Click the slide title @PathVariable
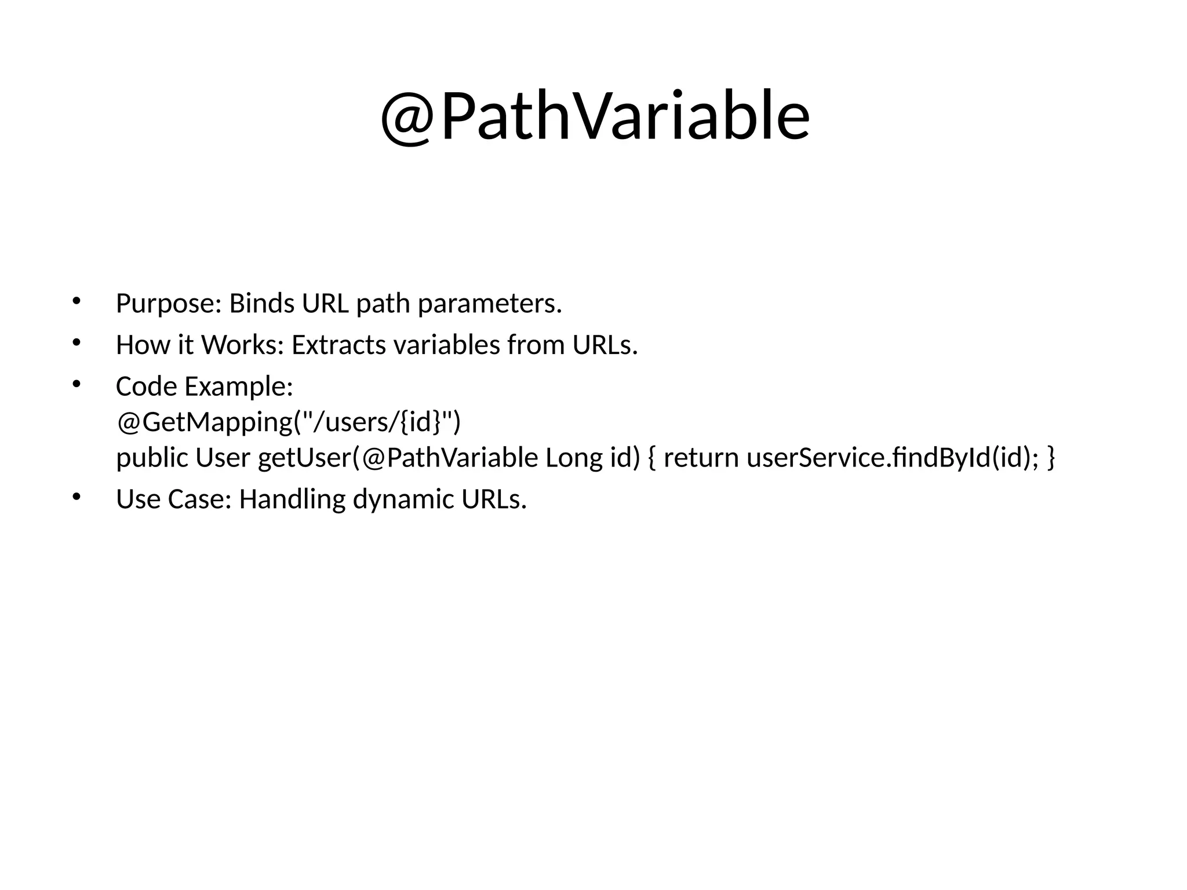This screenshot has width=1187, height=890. pyautogui.click(x=595, y=116)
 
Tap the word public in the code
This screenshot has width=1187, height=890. pyautogui.click(x=152, y=458)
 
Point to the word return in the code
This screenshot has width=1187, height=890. pyautogui.click(x=701, y=458)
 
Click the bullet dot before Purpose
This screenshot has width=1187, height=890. pyautogui.click(x=75, y=300)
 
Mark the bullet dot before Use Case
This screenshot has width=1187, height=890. pyautogui.click(x=75, y=496)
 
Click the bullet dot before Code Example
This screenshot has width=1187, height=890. pyautogui.click(x=75, y=384)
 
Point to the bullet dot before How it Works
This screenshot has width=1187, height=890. pyautogui.click(x=75, y=342)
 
